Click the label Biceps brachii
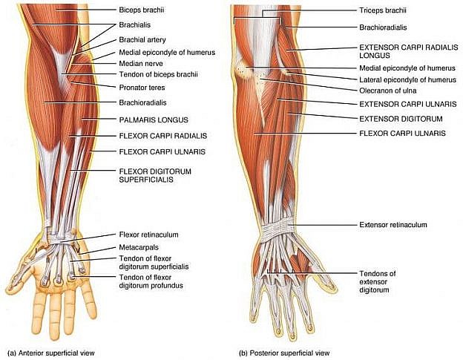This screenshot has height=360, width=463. (x=141, y=11)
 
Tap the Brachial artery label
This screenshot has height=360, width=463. (x=143, y=39)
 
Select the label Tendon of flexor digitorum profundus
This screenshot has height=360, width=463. (x=151, y=281)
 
